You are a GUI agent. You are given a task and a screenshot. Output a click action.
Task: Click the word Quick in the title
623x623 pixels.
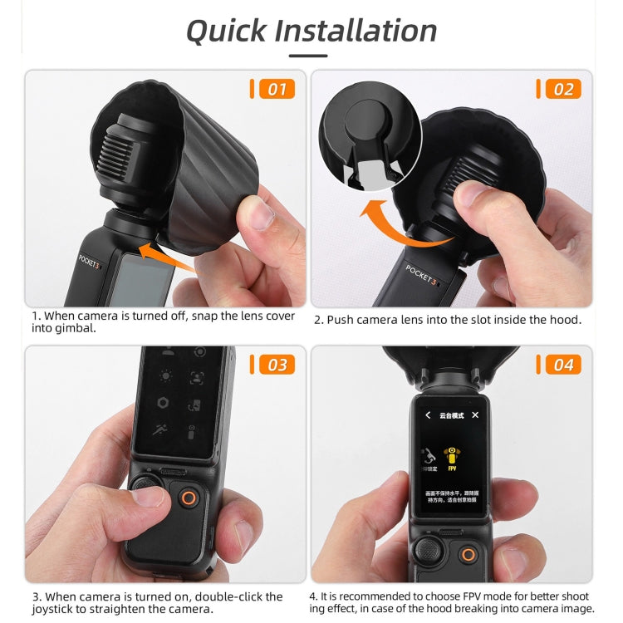point(226,31)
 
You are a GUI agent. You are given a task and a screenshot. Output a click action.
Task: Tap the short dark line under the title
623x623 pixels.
point(307,56)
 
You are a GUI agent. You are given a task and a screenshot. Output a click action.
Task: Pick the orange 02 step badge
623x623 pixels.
point(562,89)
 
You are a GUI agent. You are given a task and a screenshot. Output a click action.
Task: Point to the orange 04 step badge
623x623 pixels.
point(562,365)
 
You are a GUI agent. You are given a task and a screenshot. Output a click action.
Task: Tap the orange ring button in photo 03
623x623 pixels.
point(189,499)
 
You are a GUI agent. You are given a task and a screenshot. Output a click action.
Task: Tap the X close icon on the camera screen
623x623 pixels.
point(475,415)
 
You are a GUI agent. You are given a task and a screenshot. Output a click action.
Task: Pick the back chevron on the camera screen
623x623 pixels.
point(428,415)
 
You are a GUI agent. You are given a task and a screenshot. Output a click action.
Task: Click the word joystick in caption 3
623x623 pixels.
point(57,609)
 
